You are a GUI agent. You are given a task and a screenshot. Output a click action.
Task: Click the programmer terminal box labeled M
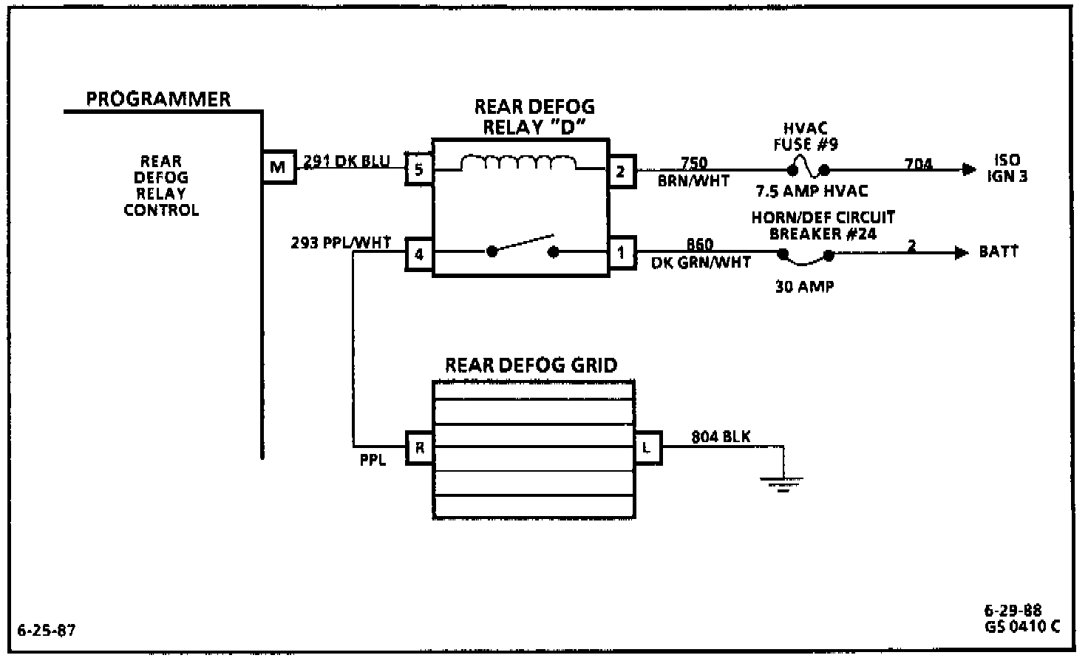tap(278, 167)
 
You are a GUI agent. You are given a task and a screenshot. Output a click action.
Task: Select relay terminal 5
tap(419, 170)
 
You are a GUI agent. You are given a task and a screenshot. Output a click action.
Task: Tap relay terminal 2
tap(621, 171)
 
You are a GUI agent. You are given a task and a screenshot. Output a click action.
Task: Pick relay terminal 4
tap(419, 254)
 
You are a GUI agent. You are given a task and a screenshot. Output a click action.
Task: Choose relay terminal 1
tap(621, 253)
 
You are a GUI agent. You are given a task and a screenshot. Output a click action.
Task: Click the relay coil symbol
tap(519, 163)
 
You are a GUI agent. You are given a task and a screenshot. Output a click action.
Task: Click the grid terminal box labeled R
tap(419, 447)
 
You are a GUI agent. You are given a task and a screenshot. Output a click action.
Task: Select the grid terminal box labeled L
tap(647, 447)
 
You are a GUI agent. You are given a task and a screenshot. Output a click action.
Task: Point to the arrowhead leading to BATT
tap(961, 253)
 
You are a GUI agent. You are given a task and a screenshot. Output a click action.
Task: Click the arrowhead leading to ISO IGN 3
tap(968, 169)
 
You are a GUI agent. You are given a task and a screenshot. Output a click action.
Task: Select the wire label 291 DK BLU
tap(347, 160)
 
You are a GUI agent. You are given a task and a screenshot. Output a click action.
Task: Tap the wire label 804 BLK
tap(721, 437)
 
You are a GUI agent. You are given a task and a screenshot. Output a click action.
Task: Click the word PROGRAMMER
tap(158, 99)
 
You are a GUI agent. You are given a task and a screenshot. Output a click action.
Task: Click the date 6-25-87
tap(46, 631)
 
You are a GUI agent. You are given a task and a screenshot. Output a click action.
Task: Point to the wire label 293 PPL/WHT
tap(341, 242)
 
